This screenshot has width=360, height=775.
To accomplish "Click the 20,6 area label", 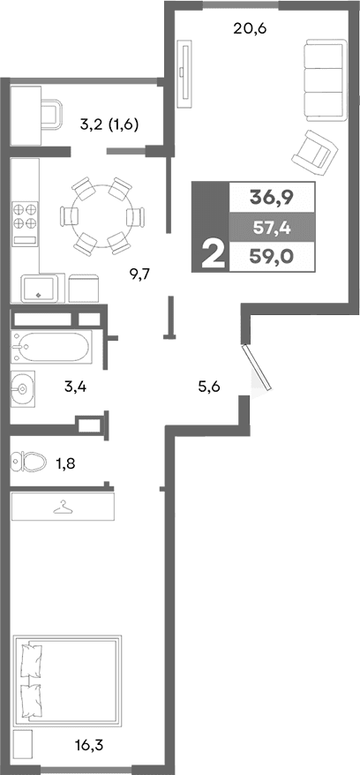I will pos(250,27).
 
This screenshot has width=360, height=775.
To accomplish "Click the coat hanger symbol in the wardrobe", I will pos(63,508).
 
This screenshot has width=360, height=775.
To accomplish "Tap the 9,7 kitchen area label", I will pos(140,274).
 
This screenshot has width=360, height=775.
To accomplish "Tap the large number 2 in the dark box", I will pos(212,255).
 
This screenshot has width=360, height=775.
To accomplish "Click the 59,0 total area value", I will pos(271,259).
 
